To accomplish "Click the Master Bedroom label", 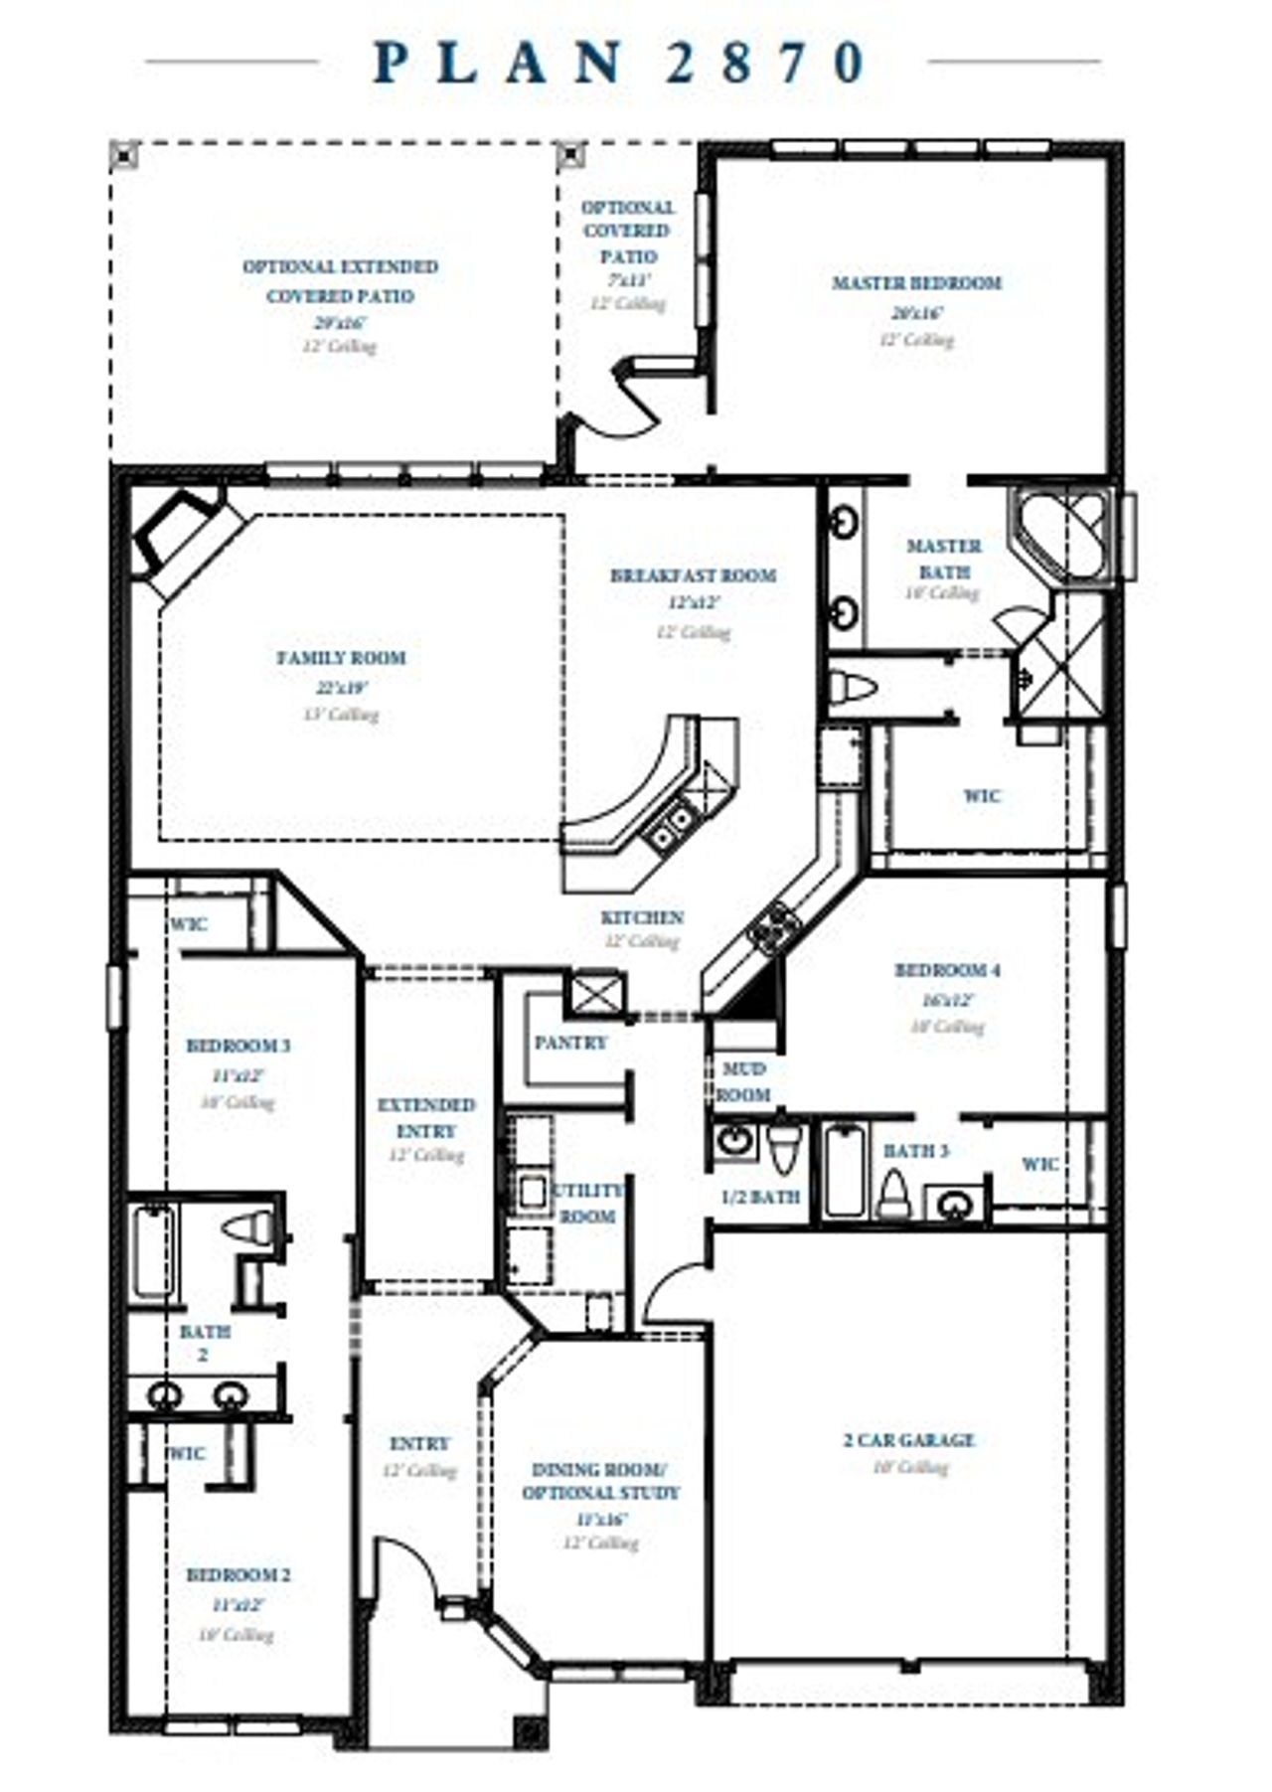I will [x=916, y=283].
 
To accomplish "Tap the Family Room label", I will [x=341, y=658].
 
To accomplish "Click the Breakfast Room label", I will [x=693, y=575].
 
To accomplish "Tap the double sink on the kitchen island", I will [x=672, y=827].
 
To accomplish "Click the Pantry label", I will [x=569, y=1043].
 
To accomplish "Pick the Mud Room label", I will [x=742, y=1081].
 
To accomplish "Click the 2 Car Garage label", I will [x=909, y=1440].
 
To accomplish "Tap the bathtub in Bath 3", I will [x=844, y=1170].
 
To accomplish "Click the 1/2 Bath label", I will [x=760, y=1198].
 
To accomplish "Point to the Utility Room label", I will [x=587, y=1203].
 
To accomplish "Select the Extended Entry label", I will [x=426, y=1118].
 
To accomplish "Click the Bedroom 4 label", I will [x=947, y=970].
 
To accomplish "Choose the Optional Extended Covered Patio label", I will [x=340, y=281].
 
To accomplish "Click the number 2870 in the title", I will [x=766, y=62].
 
